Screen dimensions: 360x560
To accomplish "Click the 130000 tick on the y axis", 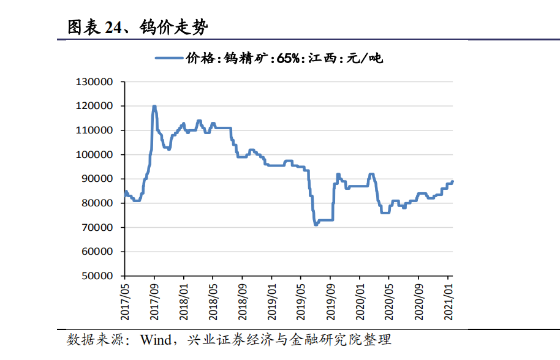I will [94, 81].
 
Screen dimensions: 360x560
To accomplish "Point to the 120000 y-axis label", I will [94, 106].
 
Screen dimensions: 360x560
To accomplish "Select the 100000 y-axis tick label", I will [94, 154].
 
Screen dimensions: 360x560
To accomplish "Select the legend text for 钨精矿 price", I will [284, 58].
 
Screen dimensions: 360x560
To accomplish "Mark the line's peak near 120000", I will [154, 107].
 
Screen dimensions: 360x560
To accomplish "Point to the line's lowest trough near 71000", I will [316, 225].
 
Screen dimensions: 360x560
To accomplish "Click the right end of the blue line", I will [453, 181].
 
